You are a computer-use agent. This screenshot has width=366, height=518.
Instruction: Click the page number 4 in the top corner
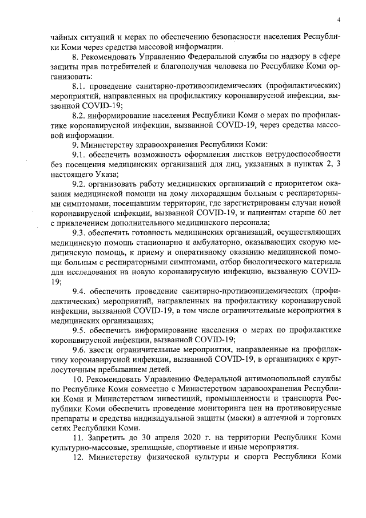pos(339,19)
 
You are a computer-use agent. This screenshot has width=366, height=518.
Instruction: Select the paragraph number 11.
pos(79,437)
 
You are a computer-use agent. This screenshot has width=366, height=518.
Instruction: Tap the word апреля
pos(160,437)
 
